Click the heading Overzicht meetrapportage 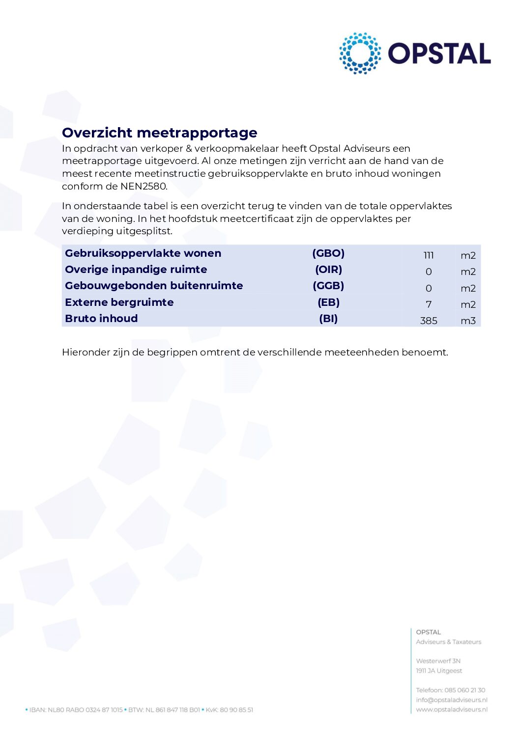point(159,133)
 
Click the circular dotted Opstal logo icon point(360,54)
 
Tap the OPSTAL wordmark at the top point(439,54)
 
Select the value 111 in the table point(429,255)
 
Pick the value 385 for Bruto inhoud point(429,321)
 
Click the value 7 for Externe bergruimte point(429,304)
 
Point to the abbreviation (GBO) point(328,253)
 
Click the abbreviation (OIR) point(328,270)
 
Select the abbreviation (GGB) point(328,286)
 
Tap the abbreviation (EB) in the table point(328,302)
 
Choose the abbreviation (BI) point(328,319)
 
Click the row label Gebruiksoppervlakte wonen point(143,253)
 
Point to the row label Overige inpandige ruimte point(136,270)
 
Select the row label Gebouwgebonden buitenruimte point(154,286)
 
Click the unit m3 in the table point(468,321)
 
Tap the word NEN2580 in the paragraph point(144,186)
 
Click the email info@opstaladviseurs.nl point(452,700)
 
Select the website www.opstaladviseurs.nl point(452,709)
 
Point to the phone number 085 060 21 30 point(464,690)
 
